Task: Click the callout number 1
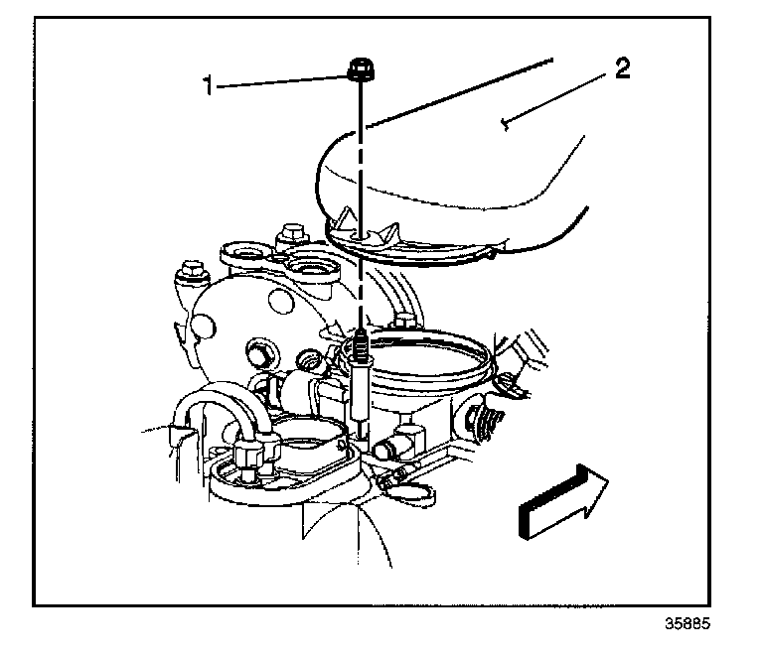coord(208,85)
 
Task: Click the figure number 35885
coord(689,626)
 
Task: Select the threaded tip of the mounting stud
coord(362,348)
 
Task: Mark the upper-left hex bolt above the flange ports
coord(291,238)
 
